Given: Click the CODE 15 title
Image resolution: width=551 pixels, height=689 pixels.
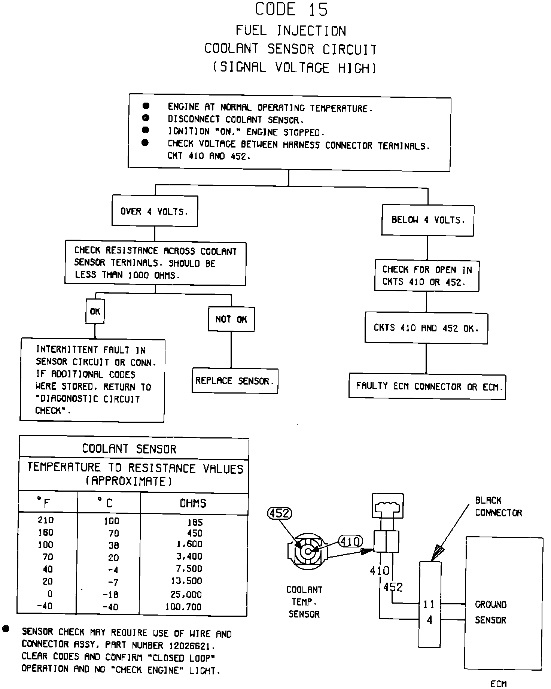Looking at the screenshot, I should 291,9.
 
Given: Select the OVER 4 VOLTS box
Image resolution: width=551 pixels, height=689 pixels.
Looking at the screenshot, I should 155,211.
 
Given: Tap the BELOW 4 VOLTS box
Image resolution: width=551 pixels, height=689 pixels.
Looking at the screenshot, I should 427,220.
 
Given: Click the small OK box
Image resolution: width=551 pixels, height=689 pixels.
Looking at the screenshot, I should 95,311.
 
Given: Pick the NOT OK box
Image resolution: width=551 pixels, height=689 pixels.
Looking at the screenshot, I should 231,319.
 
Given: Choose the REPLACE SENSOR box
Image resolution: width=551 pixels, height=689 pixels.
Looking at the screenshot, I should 235,381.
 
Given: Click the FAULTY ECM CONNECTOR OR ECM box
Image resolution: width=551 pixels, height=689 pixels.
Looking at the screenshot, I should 427,386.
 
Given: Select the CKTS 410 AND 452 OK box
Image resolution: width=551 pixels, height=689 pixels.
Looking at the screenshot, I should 426,328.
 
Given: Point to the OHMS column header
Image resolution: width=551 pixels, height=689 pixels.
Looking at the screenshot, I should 193,503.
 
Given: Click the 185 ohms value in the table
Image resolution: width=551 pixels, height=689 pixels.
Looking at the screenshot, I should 195,522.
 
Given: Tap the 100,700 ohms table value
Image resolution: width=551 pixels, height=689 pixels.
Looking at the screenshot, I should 183,607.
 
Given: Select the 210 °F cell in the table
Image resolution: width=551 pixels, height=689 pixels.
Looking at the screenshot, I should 46,520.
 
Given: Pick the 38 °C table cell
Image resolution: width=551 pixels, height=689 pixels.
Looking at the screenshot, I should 113,545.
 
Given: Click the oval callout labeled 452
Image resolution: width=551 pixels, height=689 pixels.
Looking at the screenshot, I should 280,513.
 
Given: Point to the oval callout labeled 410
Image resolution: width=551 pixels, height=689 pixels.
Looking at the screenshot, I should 350,541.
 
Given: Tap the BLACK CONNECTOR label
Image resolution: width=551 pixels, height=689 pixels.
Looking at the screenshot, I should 498,507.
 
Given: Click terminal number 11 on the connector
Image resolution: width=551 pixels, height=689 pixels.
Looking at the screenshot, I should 429,604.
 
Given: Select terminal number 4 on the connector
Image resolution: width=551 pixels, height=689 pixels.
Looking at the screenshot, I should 429,620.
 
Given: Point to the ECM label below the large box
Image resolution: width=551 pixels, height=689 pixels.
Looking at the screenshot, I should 498,684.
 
